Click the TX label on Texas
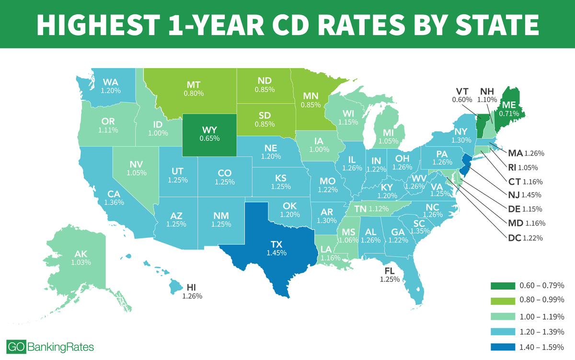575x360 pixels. click(x=277, y=244)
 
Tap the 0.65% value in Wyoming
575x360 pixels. click(x=209, y=139)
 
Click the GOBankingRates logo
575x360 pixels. click(x=51, y=347)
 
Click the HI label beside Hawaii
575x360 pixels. click(x=192, y=287)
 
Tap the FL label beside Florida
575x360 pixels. click(x=389, y=270)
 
